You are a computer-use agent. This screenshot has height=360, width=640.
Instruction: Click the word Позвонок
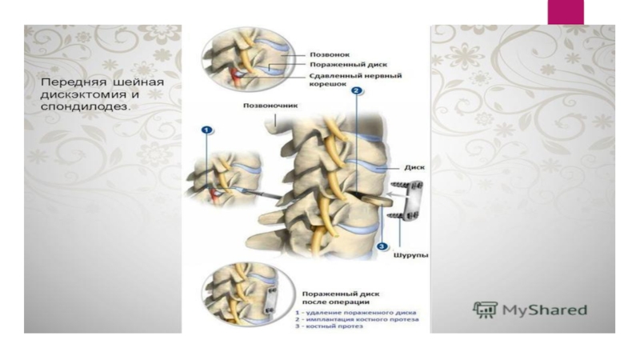tap(328, 56)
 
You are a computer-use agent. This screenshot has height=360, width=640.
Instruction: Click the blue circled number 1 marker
tap(207, 129)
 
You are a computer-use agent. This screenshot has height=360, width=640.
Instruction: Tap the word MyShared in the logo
tap(545, 310)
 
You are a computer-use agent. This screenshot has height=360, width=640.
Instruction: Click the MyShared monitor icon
tap(485, 310)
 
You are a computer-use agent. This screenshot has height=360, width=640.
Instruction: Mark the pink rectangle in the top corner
tap(565, 11)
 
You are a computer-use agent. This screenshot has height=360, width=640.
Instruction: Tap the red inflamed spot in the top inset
tap(234, 77)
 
